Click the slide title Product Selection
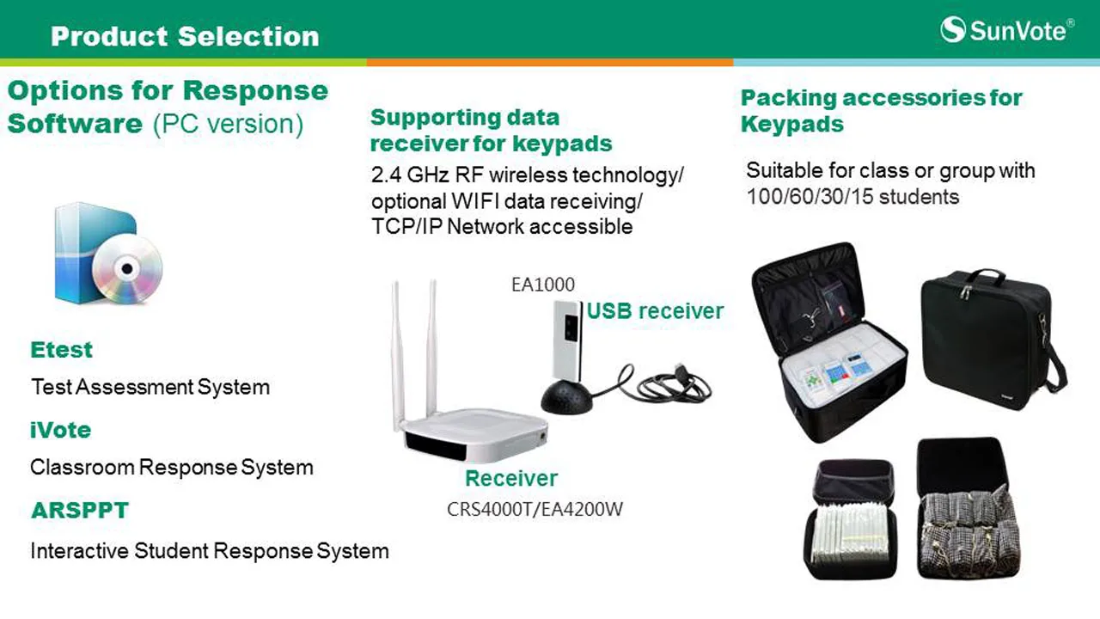[185, 36]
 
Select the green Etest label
[61, 350]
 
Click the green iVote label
[60, 430]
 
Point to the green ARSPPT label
[80, 511]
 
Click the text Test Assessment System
[150, 387]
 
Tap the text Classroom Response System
[171, 467]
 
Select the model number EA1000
[542, 285]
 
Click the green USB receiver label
[655, 311]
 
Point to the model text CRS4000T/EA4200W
[535, 510]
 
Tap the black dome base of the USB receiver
[566, 396]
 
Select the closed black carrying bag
[993, 340]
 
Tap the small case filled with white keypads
[851, 520]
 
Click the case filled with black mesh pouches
[968, 509]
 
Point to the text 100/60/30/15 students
[852, 197]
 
